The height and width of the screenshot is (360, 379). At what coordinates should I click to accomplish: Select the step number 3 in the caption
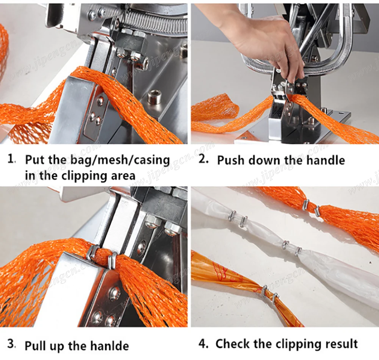click(11, 345)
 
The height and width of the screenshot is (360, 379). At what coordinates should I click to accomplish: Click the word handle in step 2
click(326, 160)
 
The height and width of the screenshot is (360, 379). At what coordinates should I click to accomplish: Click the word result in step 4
click(339, 344)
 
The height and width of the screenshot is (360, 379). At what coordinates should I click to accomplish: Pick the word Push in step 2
click(232, 160)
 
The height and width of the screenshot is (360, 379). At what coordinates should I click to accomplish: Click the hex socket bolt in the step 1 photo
click(153, 97)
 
